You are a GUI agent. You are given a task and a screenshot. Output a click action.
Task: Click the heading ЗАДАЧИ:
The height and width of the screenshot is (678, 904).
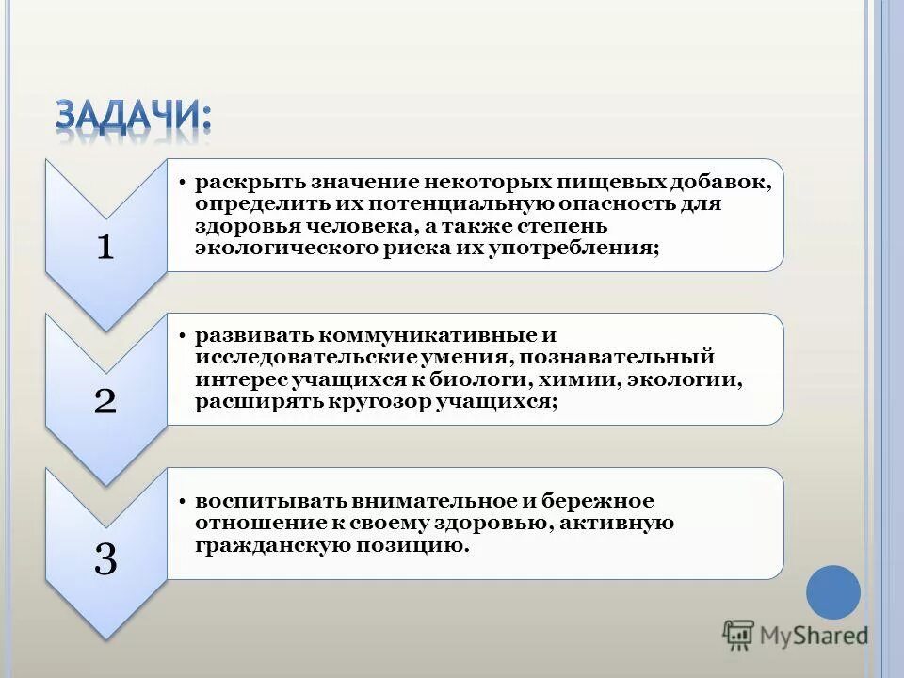(x=133, y=116)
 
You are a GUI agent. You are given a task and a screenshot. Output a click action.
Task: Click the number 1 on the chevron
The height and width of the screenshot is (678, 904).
(x=105, y=248)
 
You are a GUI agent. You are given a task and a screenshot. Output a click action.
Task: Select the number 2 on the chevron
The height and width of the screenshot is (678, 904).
(x=105, y=402)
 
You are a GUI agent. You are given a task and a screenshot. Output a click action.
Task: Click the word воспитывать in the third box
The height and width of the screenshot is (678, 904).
(x=267, y=500)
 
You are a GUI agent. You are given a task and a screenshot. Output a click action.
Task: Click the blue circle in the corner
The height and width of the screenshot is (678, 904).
(x=833, y=592)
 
